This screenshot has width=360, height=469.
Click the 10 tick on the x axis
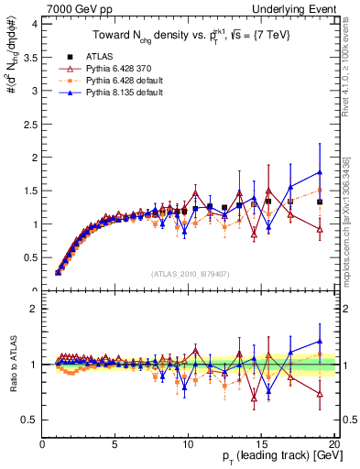(188, 444)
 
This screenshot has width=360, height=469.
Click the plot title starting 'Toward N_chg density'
(189, 37)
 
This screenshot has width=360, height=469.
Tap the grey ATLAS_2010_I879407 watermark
(189, 273)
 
